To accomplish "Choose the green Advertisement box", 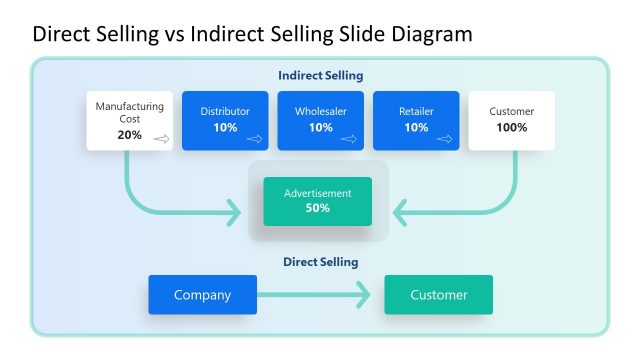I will click(x=317, y=200).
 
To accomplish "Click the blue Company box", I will click(x=202, y=295).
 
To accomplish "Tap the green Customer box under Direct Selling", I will click(x=438, y=295).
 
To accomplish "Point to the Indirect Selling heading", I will click(x=320, y=75).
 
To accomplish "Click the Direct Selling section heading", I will click(x=320, y=262).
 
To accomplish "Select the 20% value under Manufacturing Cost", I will click(x=129, y=135).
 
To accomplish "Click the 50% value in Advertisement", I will click(x=317, y=208).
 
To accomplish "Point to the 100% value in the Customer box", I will click(x=511, y=128).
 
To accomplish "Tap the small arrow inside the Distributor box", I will click(x=254, y=139).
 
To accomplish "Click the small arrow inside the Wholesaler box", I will click(x=349, y=139).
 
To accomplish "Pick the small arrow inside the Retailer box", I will click(x=445, y=139).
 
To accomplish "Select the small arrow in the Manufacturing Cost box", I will click(x=160, y=139).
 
